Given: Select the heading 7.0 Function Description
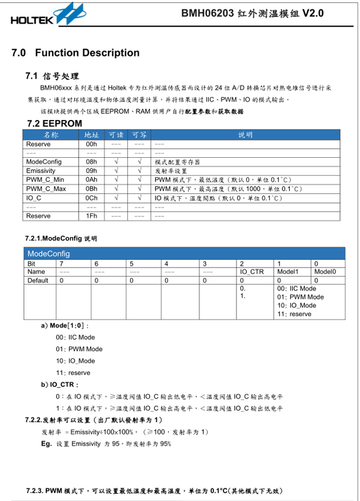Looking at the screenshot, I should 76,53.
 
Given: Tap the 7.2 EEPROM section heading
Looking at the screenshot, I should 55,123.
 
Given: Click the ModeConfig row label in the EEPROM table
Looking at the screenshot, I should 41,162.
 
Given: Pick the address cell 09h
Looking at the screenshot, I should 92,171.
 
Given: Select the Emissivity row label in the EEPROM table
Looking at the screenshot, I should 41,171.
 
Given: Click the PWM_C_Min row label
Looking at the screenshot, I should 45,179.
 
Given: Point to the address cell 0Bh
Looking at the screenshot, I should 92,188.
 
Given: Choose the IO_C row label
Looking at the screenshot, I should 34,197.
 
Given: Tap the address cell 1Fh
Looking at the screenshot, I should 92,215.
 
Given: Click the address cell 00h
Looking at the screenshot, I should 92,144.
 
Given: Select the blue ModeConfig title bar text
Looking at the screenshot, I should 49,254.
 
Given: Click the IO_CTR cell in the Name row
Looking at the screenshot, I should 252,272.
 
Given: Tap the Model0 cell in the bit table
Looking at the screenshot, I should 325,272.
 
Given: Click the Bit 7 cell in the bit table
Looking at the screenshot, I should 61,263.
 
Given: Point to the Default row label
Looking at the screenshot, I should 38,280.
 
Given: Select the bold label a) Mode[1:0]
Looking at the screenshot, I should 65,326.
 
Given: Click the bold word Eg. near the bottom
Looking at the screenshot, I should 46,444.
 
